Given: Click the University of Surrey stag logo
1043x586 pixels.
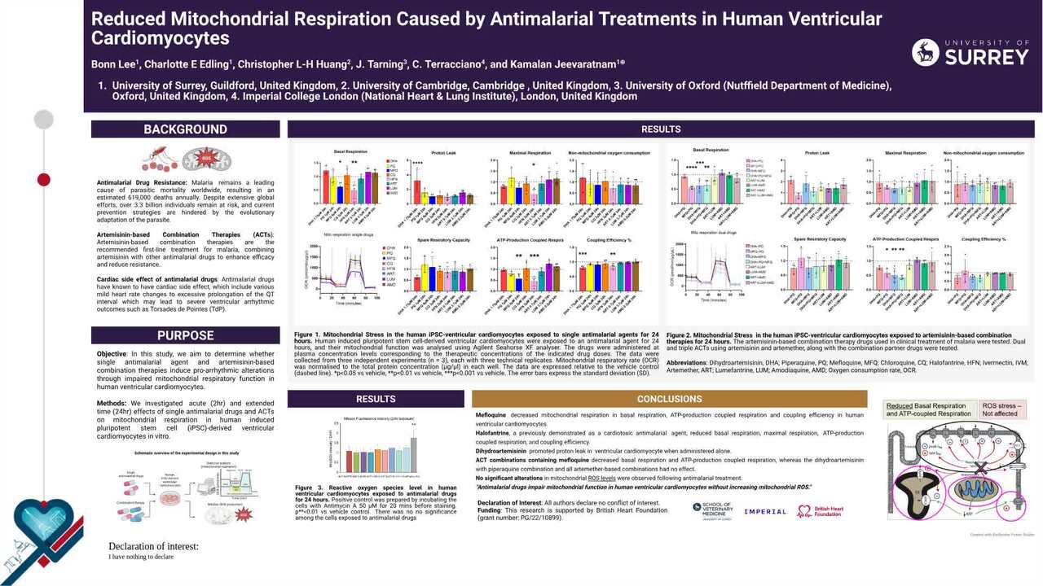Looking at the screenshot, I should click(926, 52).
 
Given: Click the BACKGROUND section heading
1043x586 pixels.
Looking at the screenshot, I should click(185, 129).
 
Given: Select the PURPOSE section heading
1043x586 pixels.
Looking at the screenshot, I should click(185, 335).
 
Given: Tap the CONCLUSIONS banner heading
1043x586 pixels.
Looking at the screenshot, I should click(669, 399).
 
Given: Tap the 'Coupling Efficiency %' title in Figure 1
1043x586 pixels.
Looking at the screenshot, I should click(608, 240).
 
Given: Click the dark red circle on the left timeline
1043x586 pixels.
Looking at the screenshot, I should click(44, 179).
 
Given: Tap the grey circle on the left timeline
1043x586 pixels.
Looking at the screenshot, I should click(44, 120).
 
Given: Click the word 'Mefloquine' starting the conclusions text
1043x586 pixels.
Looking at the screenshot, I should click(491, 415).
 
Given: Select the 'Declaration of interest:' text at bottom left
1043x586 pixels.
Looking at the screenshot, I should click(153, 546).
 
